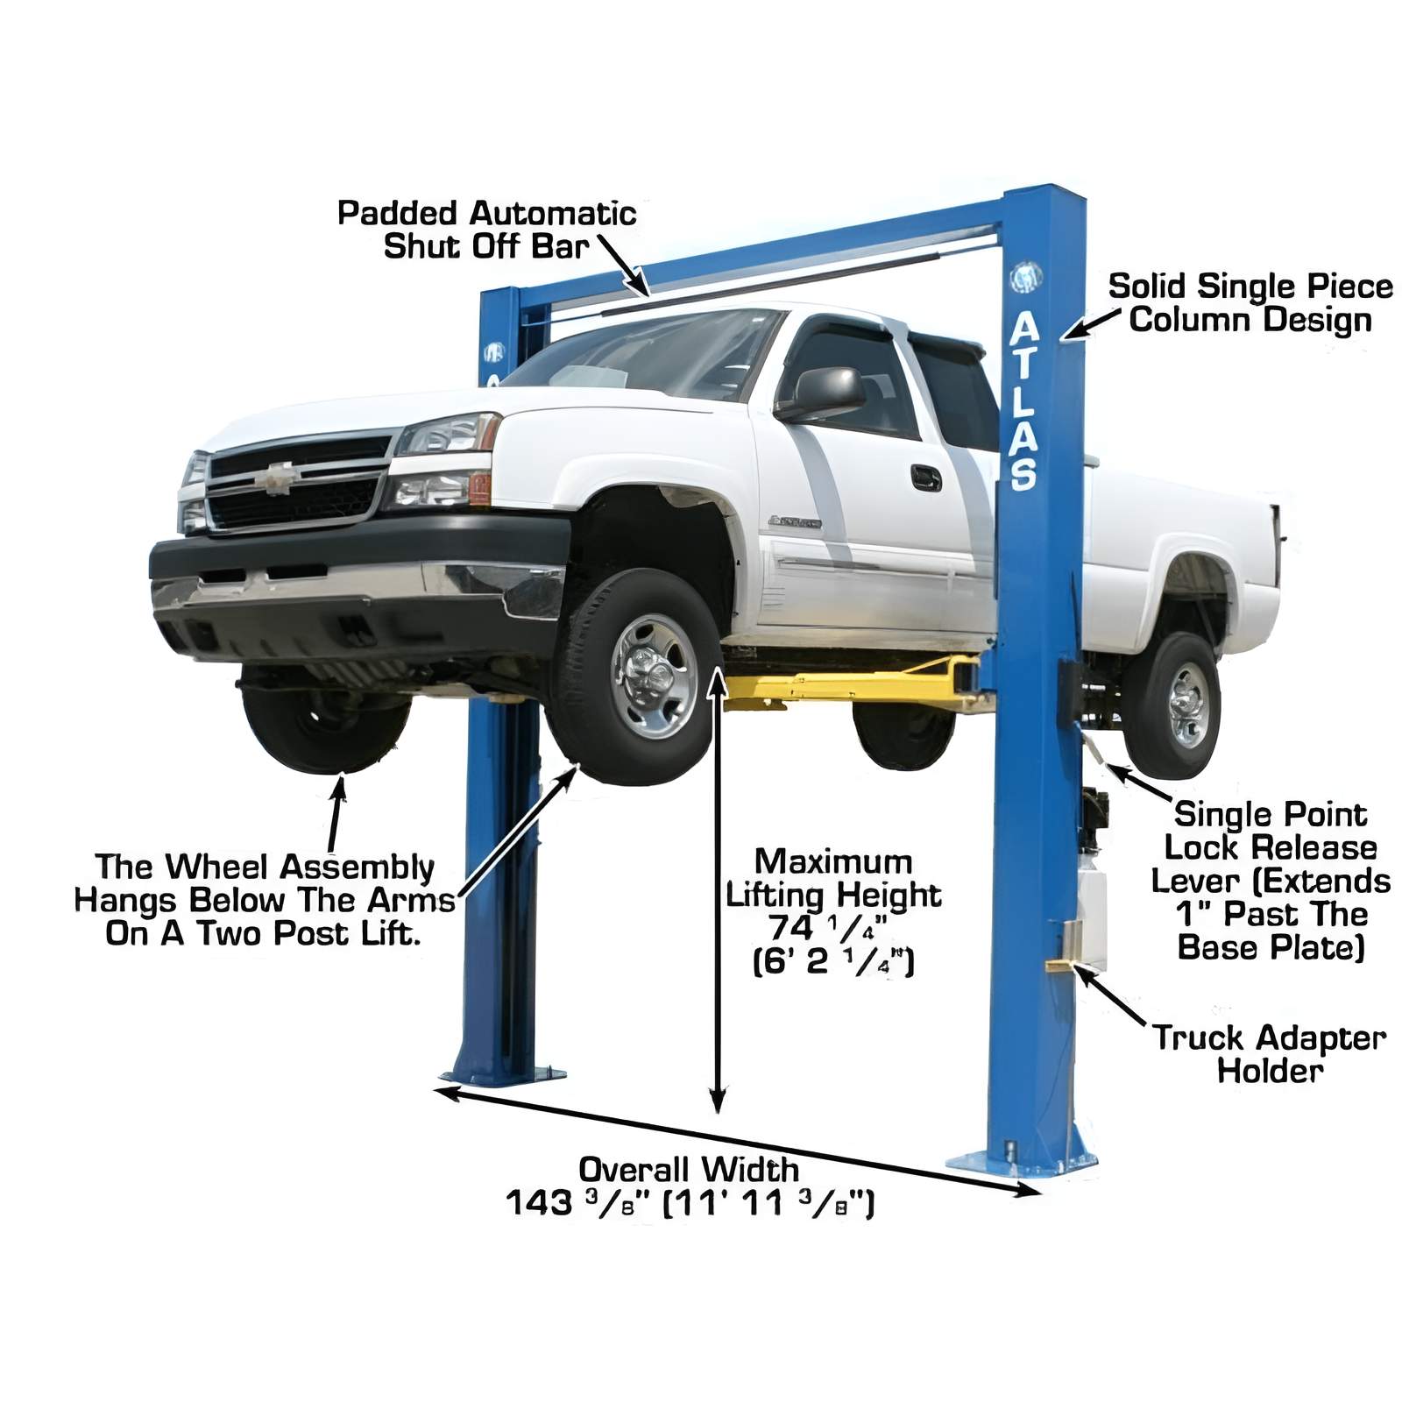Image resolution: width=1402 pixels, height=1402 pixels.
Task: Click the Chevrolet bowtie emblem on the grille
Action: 279,478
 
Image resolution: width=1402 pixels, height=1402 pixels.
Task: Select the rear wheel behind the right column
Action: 1172,705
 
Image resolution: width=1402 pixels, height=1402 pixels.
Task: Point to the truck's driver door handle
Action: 925,478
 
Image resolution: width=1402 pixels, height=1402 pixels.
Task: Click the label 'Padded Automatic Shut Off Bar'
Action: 486,230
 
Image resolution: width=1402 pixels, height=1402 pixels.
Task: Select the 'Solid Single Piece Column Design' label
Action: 1250,303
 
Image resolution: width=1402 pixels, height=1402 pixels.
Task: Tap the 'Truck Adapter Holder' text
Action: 1269,1054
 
